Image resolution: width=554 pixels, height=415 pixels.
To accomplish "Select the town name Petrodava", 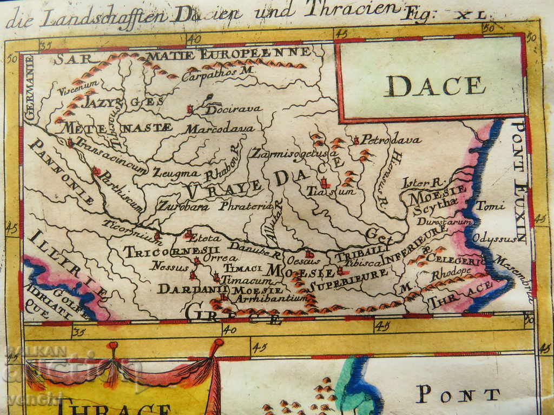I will tap(391, 140).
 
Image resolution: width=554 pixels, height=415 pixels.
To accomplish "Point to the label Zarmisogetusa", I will tap(295, 153).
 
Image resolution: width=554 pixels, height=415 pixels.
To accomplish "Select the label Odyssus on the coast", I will tap(491, 238).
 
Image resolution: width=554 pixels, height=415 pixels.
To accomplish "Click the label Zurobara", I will tap(184, 206).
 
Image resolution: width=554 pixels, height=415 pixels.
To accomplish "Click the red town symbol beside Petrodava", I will tap(356, 140).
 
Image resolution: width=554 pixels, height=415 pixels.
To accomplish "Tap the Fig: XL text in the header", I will tap(443, 14).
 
